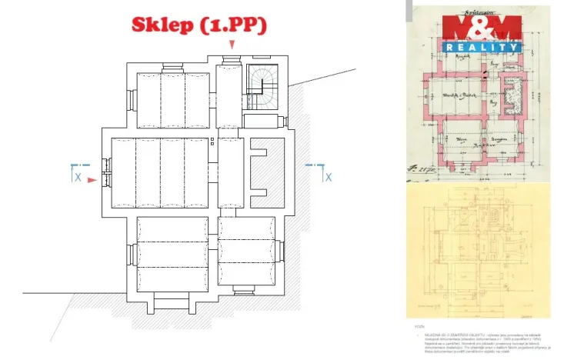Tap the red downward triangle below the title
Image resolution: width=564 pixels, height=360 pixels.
pos(231,45)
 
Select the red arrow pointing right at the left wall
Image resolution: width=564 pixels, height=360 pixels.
pos(92,180)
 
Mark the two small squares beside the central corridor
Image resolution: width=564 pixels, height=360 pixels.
pos(212,141)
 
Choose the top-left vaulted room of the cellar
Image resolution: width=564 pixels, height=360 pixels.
pos(172,100)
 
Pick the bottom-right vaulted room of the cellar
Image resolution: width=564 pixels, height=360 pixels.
pos(246,251)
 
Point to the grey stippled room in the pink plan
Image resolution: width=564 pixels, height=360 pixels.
pos(509,96)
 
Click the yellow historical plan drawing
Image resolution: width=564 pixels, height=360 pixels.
pos(479,254)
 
